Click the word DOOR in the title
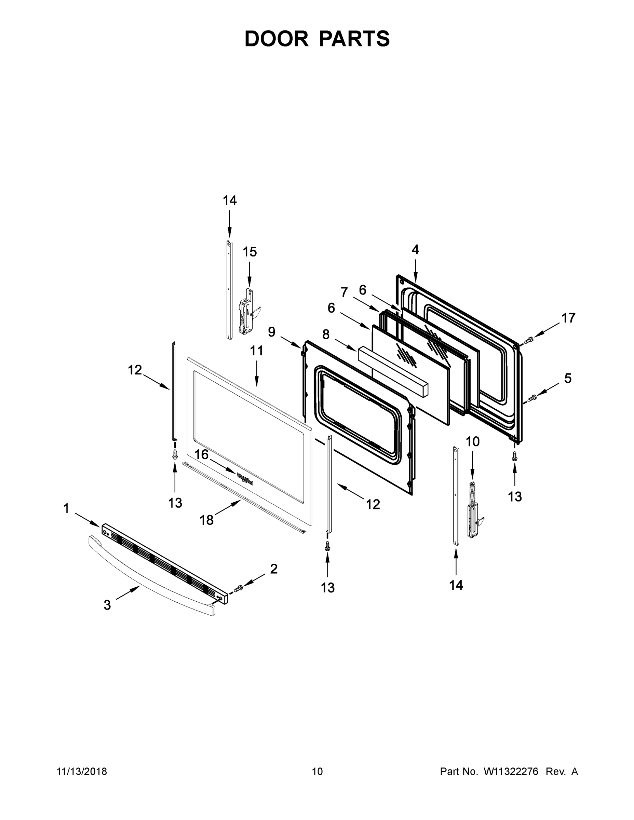pyautogui.click(x=276, y=39)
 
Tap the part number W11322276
pyautogui.click(x=511, y=771)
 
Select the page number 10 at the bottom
pyautogui.click(x=317, y=771)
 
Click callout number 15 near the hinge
pyautogui.click(x=249, y=252)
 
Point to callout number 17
pyautogui.click(x=568, y=318)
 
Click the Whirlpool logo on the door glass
pyautogui.click(x=244, y=480)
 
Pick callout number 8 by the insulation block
pyautogui.click(x=326, y=334)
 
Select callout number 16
pyautogui.click(x=201, y=455)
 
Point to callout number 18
pyautogui.click(x=206, y=520)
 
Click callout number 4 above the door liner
pyautogui.click(x=415, y=249)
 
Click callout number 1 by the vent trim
pyautogui.click(x=66, y=509)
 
